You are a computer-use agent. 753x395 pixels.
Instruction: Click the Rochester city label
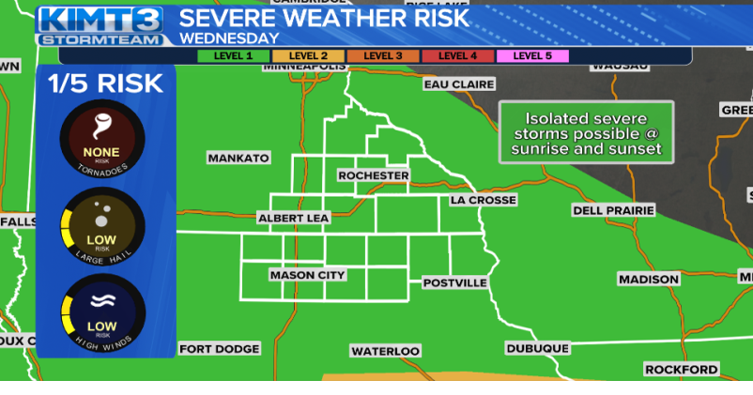tap(374, 175)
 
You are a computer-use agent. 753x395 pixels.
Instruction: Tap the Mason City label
tap(307, 275)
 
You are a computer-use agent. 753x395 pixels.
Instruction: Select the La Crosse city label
tap(484, 200)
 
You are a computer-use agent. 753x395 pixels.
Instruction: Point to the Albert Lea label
tap(295, 219)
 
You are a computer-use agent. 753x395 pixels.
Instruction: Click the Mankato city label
tap(238, 158)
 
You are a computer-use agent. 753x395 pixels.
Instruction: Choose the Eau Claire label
tap(459, 84)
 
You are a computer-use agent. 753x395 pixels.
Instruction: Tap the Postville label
tap(455, 282)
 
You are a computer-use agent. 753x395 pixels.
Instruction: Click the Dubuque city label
tap(538, 348)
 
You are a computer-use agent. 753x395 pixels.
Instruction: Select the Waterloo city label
tap(386, 351)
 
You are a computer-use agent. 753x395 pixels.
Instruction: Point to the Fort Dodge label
tap(219, 349)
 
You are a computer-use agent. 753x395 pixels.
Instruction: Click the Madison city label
tap(649, 279)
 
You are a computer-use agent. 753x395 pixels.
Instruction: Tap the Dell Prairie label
tap(613, 210)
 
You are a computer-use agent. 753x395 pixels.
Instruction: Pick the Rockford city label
tap(682, 370)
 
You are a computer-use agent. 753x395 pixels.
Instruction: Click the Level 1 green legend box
tap(234, 56)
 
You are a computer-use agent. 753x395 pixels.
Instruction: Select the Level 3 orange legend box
tap(383, 56)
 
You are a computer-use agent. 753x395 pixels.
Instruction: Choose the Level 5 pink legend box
tap(532, 56)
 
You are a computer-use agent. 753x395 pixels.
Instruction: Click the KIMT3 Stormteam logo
tap(101, 26)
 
